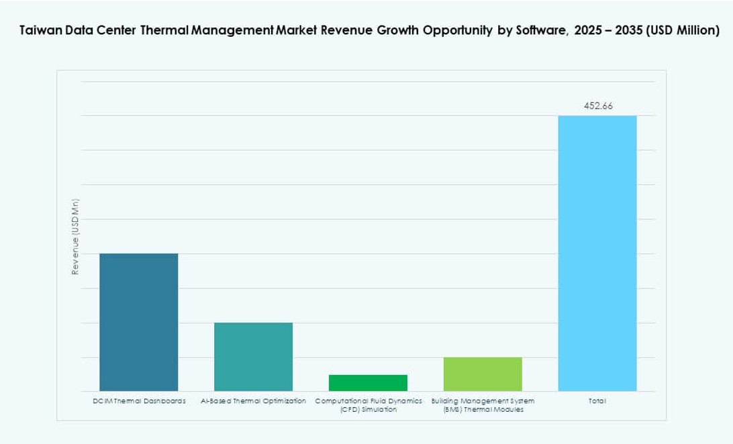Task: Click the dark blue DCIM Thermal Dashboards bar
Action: [139, 322]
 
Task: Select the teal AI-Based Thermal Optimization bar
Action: [253, 357]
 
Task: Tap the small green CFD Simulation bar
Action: [368, 383]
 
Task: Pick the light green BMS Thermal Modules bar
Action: [483, 374]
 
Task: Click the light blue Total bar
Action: [597, 254]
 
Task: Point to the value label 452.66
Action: [598, 106]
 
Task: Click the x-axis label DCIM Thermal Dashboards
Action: [139, 401]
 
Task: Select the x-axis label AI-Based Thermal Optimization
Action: [253, 401]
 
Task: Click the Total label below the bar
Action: [597, 401]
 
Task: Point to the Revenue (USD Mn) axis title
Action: [75, 237]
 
